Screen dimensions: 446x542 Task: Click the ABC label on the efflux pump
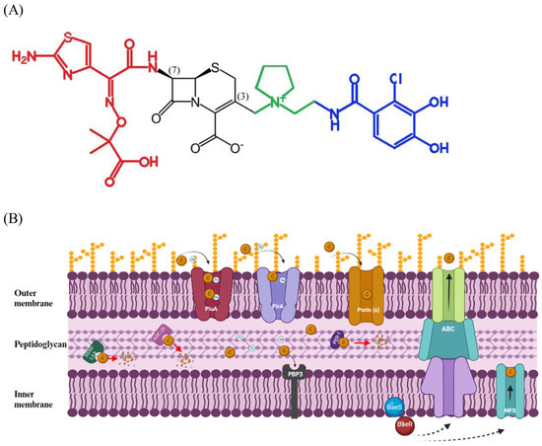pos(449,328)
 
